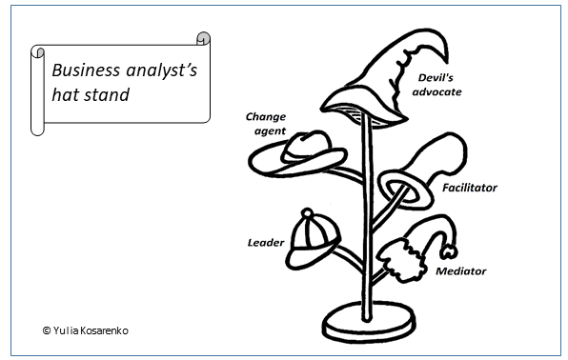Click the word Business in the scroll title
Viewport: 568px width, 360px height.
click(86, 70)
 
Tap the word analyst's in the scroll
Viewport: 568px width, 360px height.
click(162, 71)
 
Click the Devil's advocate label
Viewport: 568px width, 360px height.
click(436, 85)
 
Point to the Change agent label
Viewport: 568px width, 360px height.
click(266, 124)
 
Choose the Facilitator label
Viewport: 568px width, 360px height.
click(470, 188)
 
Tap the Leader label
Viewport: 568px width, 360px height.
click(266, 242)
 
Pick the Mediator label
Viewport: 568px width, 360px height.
click(460, 270)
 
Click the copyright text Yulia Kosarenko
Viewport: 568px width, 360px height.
click(86, 330)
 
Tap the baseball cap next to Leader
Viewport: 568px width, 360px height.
click(313, 241)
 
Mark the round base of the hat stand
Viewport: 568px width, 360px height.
click(369, 322)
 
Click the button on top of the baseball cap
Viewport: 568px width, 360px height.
click(307, 213)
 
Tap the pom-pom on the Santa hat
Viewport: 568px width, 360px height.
click(449, 251)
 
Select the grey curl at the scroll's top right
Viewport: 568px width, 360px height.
click(204, 38)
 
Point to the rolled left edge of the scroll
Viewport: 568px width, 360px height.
click(37, 90)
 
